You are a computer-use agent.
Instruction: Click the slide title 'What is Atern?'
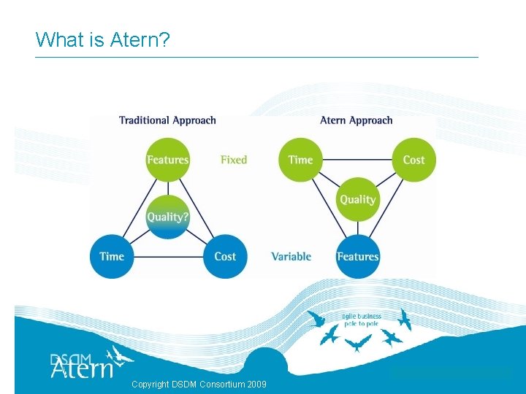(x=102, y=39)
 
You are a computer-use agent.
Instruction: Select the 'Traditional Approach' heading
(x=167, y=120)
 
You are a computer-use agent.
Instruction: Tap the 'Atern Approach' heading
(x=356, y=120)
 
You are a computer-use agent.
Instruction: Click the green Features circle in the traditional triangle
(x=167, y=160)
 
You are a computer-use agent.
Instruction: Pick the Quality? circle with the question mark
(x=167, y=217)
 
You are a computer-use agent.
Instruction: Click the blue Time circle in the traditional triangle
(x=111, y=256)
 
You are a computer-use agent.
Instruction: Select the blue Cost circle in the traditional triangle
(x=224, y=256)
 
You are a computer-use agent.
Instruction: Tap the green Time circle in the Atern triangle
(x=300, y=160)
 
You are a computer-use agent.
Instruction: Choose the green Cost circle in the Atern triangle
(x=413, y=160)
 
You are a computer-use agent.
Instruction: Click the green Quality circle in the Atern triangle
(x=357, y=199)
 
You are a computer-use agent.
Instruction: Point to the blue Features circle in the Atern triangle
(x=357, y=256)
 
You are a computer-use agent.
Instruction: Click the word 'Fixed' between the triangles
(x=234, y=160)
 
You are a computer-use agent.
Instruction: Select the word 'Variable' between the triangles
(x=291, y=256)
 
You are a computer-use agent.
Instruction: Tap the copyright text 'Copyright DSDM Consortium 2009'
(x=199, y=385)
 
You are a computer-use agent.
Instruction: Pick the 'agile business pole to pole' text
(x=361, y=320)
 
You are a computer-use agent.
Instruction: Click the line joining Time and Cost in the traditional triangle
(x=168, y=257)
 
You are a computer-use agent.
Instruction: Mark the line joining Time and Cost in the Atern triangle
(x=357, y=160)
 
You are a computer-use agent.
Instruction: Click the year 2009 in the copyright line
(x=256, y=385)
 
